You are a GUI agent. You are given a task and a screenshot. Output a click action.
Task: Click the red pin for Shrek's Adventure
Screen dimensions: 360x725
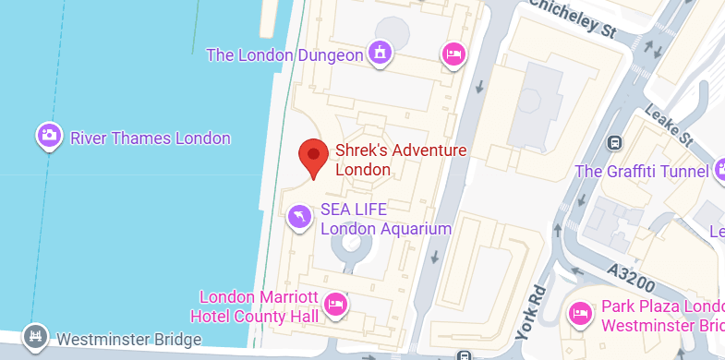pos(314,157)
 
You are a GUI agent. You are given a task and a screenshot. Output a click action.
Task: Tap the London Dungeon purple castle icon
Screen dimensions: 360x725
pos(379,54)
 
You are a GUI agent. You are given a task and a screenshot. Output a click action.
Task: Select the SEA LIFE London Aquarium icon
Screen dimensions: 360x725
pos(299,217)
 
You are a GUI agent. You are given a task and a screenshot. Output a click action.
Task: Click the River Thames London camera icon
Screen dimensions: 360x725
pos(49,138)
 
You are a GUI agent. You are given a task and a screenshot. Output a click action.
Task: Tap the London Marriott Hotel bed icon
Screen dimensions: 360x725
pos(336,306)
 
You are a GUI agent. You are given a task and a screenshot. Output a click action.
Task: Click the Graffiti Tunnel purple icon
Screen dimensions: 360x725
pos(721,171)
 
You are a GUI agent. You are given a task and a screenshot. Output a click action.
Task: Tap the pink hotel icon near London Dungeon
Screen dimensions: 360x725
pos(453,54)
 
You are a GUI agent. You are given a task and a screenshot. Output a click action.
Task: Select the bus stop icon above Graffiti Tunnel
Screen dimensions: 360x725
pos(613,143)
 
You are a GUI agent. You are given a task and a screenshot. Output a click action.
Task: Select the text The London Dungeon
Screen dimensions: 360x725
pos(284,55)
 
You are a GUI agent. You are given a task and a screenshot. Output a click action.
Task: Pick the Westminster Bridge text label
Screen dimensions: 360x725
pos(128,340)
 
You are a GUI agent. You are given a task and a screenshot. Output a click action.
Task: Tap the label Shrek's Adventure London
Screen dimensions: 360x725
pos(388,160)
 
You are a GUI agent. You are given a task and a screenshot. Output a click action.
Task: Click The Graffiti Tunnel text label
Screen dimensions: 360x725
pos(641,171)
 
